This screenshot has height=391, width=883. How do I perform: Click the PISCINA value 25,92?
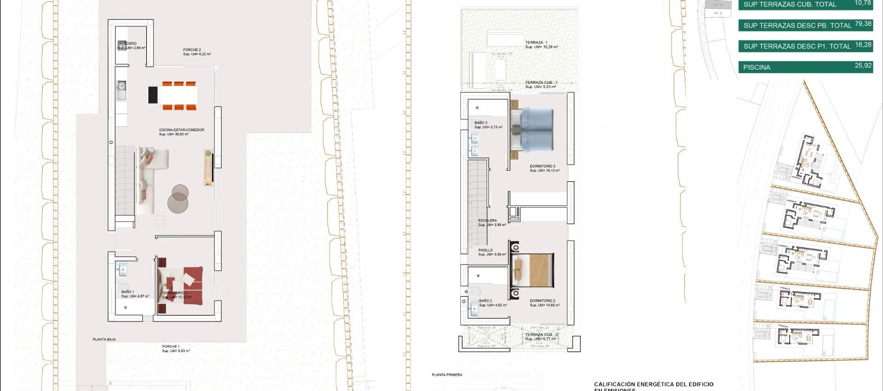pyautogui.click(x=863, y=66)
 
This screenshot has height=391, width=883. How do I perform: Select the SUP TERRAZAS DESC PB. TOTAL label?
pyautogui.click(x=797, y=26)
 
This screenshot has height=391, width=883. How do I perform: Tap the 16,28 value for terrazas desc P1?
pyautogui.click(x=863, y=45)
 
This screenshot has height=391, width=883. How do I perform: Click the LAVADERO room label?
pyautogui.click(x=127, y=44)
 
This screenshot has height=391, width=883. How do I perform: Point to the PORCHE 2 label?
pyautogui.click(x=192, y=50)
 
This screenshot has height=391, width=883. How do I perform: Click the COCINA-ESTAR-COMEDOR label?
pyautogui.click(x=182, y=130)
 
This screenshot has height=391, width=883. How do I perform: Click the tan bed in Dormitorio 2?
pyautogui.click(x=533, y=270)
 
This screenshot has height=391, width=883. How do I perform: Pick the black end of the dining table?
pyautogui.click(x=153, y=95)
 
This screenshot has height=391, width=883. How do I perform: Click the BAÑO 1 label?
pyautogui.click(x=128, y=292)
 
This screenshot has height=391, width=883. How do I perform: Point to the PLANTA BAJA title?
pyautogui.click(x=104, y=339)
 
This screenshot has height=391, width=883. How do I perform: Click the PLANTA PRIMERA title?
pyautogui.click(x=447, y=375)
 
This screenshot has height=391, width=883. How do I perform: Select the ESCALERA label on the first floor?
pyautogui.click(x=487, y=221)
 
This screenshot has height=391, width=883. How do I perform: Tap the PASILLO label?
pyautogui.click(x=485, y=250)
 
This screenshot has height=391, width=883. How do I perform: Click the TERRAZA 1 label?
pyautogui.click(x=536, y=43)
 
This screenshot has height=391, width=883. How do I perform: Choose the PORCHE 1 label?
pyautogui.click(x=171, y=347)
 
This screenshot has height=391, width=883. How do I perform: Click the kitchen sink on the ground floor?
pyautogui.click(x=121, y=86)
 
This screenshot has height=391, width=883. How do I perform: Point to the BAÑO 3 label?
pyautogui.click(x=481, y=123)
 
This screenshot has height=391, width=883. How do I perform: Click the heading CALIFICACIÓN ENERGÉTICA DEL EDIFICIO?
pyautogui.click(x=654, y=384)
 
